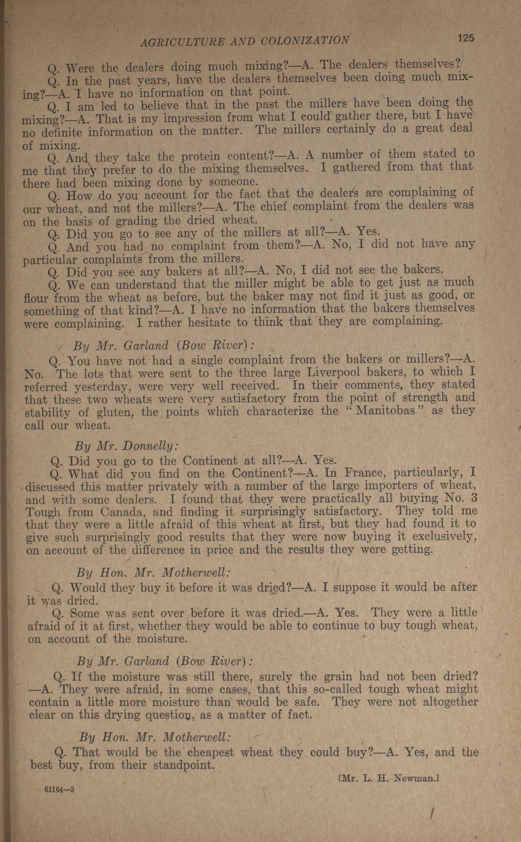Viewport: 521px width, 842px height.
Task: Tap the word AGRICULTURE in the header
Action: point(182,42)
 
